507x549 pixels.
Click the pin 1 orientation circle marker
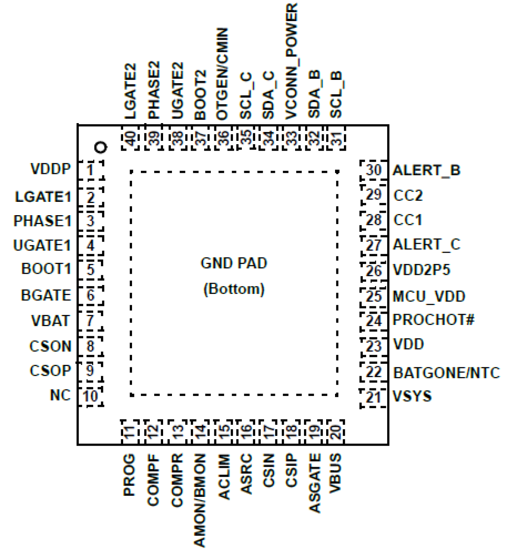(x=101, y=147)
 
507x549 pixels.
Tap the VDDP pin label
(x=50, y=169)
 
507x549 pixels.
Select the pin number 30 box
(x=373, y=170)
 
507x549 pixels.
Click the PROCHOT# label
(x=433, y=320)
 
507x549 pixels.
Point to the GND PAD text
(x=234, y=263)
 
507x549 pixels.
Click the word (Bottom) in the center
(x=234, y=289)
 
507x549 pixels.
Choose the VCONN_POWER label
(x=291, y=61)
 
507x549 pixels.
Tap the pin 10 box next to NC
(x=90, y=396)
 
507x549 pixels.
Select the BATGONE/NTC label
(x=446, y=373)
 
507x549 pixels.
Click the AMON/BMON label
(x=200, y=501)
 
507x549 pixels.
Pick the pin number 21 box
(x=373, y=397)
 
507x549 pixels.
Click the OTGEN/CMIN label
(x=222, y=74)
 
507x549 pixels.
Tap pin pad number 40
(x=131, y=138)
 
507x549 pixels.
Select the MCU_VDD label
(x=429, y=296)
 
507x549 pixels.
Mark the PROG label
(x=129, y=475)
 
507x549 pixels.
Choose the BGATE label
(x=46, y=295)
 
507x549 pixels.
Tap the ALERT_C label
(x=426, y=245)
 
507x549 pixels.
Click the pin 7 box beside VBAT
(x=90, y=321)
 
